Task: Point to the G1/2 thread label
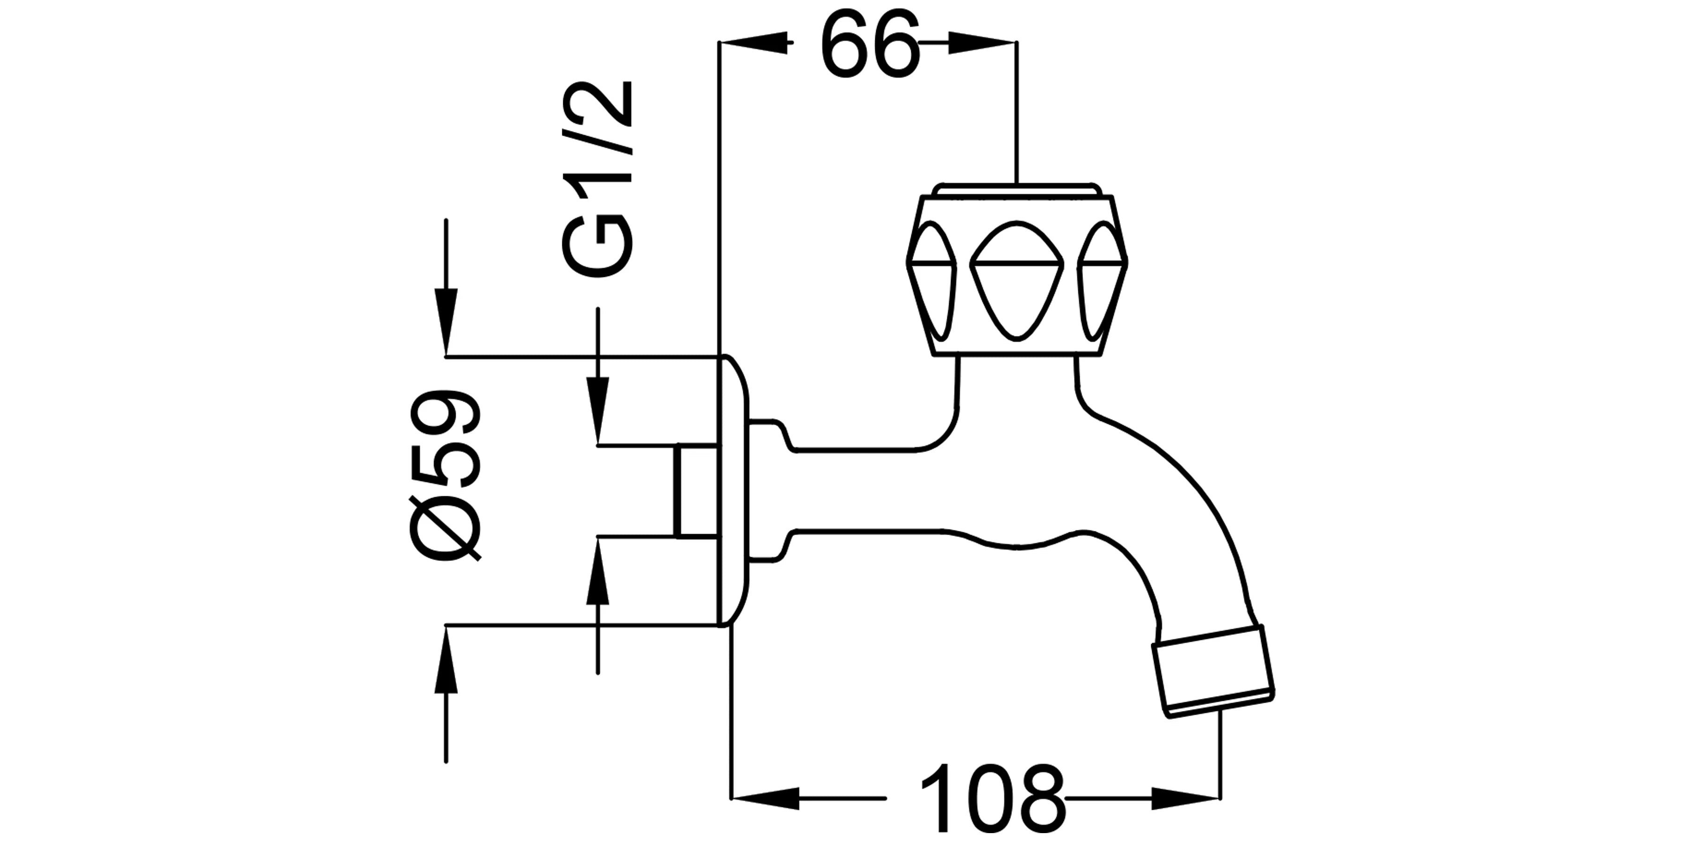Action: pyautogui.click(x=596, y=179)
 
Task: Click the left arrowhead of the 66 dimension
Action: pyautogui.click(x=753, y=43)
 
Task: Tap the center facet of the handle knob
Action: pyautogui.click(x=1016, y=281)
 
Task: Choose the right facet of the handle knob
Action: pyautogui.click(x=1102, y=281)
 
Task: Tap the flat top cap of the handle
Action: pyautogui.click(x=1016, y=189)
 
